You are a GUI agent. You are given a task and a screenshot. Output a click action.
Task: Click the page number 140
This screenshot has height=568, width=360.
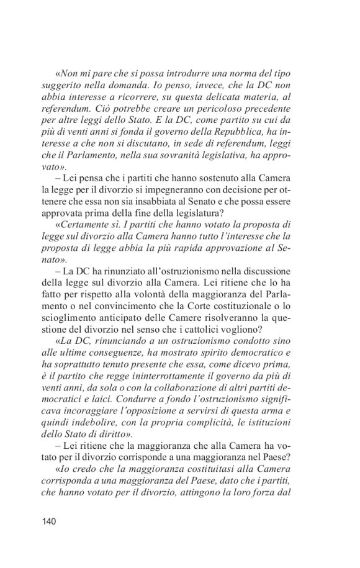(x=49, y=521)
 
